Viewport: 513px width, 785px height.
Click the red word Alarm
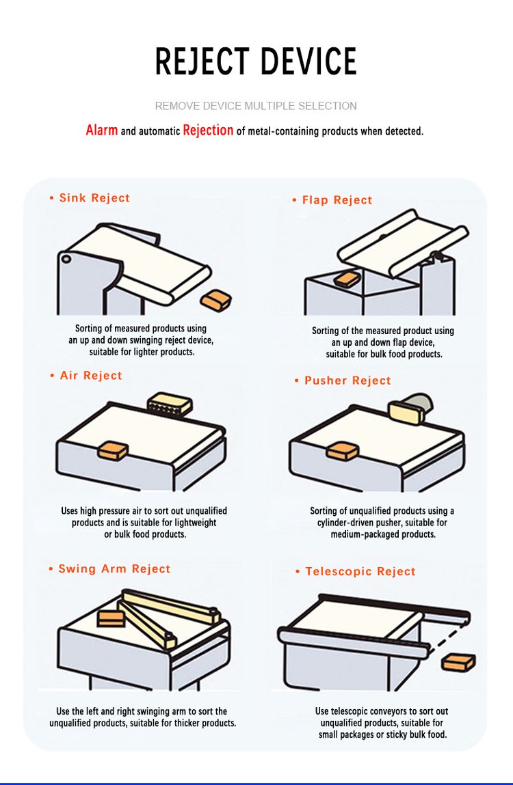point(101,130)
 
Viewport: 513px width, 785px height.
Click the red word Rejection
point(208,130)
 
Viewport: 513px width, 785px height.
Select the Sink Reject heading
point(94,198)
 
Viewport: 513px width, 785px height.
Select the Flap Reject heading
point(337,200)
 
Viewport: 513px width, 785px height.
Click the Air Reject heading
point(91,376)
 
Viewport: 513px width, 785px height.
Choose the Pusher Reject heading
point(347,381)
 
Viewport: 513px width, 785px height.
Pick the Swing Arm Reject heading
point(114,569)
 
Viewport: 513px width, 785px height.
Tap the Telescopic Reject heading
point(360,572)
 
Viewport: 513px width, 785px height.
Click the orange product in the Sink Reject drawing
point(215,299)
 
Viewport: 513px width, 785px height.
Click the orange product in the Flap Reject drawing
point(347,278)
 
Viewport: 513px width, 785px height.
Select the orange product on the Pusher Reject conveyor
point(343,451)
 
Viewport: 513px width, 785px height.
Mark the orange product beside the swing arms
point(111,618)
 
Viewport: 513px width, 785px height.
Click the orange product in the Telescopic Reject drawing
point(458,662)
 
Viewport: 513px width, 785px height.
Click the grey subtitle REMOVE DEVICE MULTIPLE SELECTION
point(256,106)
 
